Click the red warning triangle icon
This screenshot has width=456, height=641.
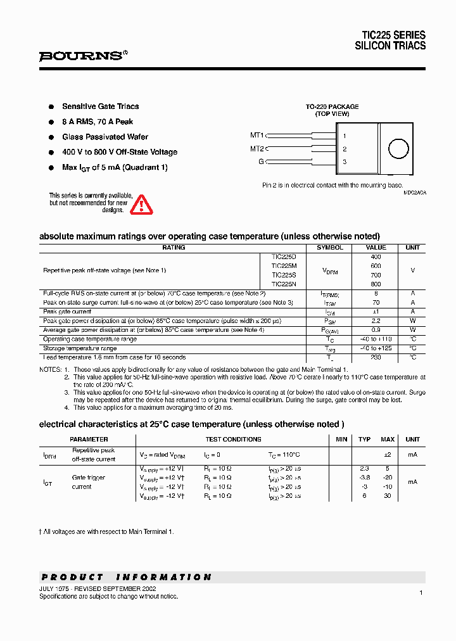(x=141, y=205)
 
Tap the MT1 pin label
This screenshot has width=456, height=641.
(x=256, y=135)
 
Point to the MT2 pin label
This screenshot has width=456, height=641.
(x=256, y=149)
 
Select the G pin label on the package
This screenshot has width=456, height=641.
(x=260, y=162)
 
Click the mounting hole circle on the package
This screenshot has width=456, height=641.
(x=398, y=149)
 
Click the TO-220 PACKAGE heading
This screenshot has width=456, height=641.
(x=332, y=107)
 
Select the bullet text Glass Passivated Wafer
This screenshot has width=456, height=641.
(x=105, y=137)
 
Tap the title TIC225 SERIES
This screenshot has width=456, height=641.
(x=393, y=35)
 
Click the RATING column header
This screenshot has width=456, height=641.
(x=174, y=248)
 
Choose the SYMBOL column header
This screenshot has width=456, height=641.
(x=330, y=248)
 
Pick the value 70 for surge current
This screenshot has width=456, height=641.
(x=376, y=303)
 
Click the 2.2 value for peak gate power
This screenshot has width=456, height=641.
(x=376, y=321)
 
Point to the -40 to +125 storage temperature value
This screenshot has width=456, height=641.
(x=376, y=348)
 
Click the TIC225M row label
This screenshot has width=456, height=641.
(x=284, y=266)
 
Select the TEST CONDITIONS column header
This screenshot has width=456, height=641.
(x=233, y=439)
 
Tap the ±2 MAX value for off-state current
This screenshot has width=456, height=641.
(x=388, y=455)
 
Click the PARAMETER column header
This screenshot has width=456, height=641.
(x=89, y=439)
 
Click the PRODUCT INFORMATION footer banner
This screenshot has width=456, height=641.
(x=127, y=577)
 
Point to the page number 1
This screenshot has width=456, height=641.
(x=421, y=592)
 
